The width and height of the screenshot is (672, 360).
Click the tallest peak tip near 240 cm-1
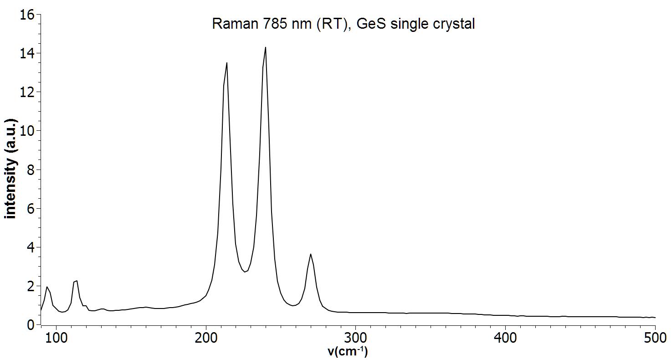pyautogui.click(x=266, y=47)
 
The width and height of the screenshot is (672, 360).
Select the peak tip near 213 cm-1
pyautogui.click(x=227, y=63)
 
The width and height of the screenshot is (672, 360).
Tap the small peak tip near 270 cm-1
pyautogui.click(x=310, y=254)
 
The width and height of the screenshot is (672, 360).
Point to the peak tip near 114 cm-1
pyautogui.click(x=77, y=281)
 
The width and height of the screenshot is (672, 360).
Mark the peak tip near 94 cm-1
pyautogui.click(x=46, y=287)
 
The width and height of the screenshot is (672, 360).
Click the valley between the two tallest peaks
pyautogui.click(x=245, y=272)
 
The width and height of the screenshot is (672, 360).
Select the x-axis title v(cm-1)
pyautogui.click(x=348, y=351)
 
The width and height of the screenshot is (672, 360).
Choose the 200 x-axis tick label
pyautogui.click(x=206, y=339)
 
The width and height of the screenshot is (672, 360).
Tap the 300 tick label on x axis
pyautogui.click(x=355, y=339)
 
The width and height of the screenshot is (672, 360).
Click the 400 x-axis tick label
pyautogui.click(x=505, y=339)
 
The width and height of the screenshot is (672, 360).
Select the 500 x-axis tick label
pyautogui.click(x=654, y=339)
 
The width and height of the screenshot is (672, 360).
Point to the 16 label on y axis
pyautogui.click(x=27, y=15)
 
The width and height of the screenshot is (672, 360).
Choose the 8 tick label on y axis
pyautogui.click(x=31, y=170)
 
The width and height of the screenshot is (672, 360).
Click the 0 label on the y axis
pyautogui.click(x=31, y=325)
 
